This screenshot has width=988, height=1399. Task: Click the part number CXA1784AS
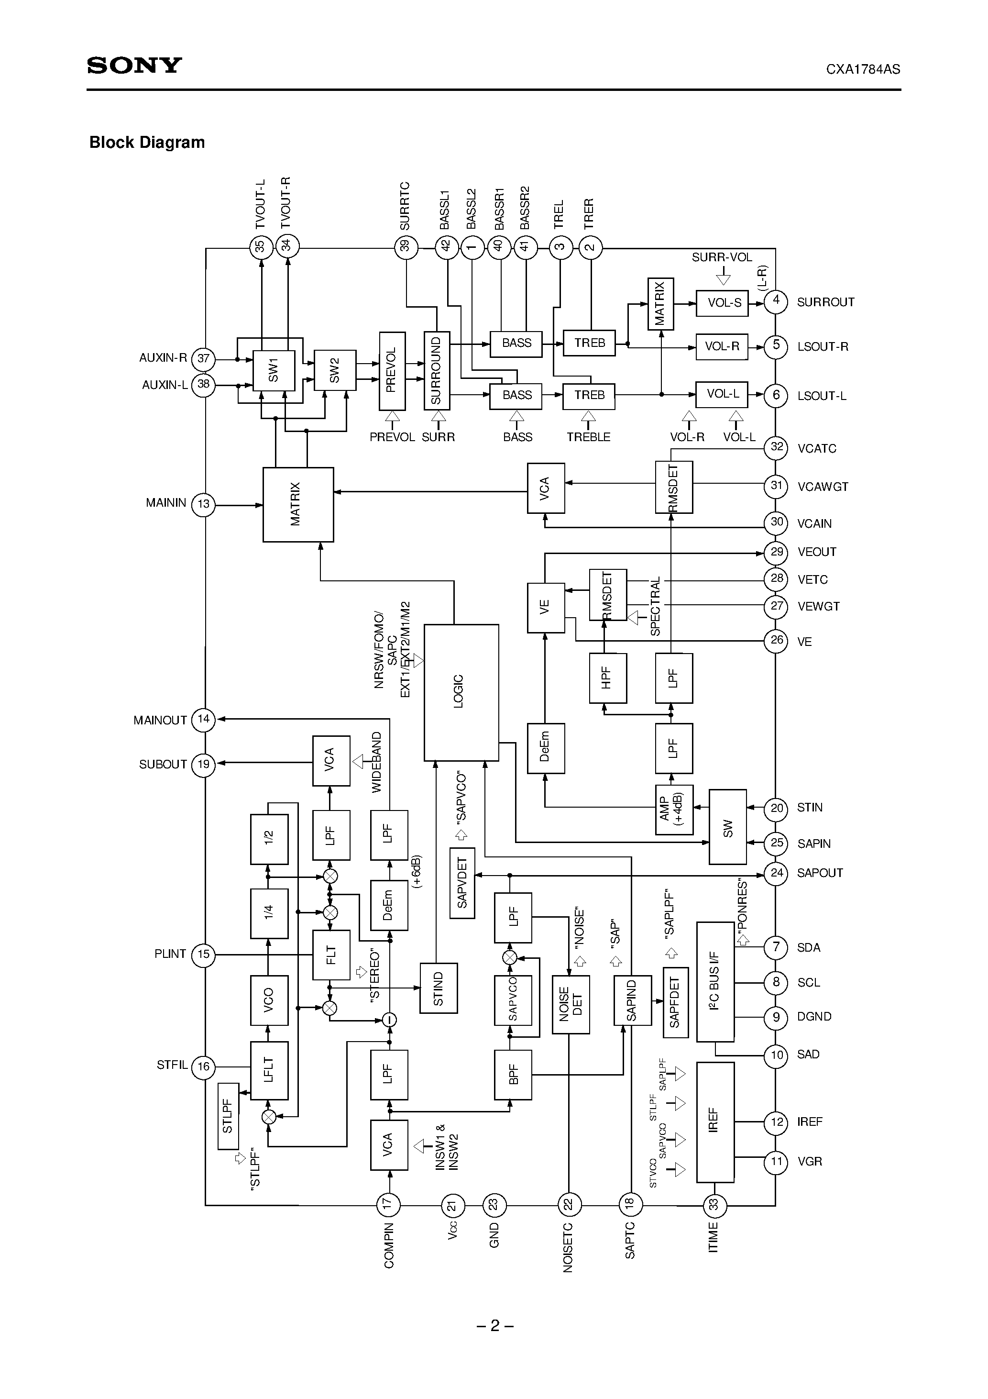point(863,69)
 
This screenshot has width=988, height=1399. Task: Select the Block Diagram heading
point(147,143)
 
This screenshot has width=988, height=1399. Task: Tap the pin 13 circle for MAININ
point(203,504)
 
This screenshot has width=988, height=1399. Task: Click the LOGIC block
point(461,692)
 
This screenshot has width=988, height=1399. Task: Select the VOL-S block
point(722,303)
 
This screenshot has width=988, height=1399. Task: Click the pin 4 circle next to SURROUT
point(775,301)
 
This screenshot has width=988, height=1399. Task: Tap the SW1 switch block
point(274,370)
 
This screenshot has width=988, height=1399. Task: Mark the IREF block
point(715,1121)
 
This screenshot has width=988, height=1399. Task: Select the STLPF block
point(228,1116)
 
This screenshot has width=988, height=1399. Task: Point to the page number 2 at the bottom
point(494,1326)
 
